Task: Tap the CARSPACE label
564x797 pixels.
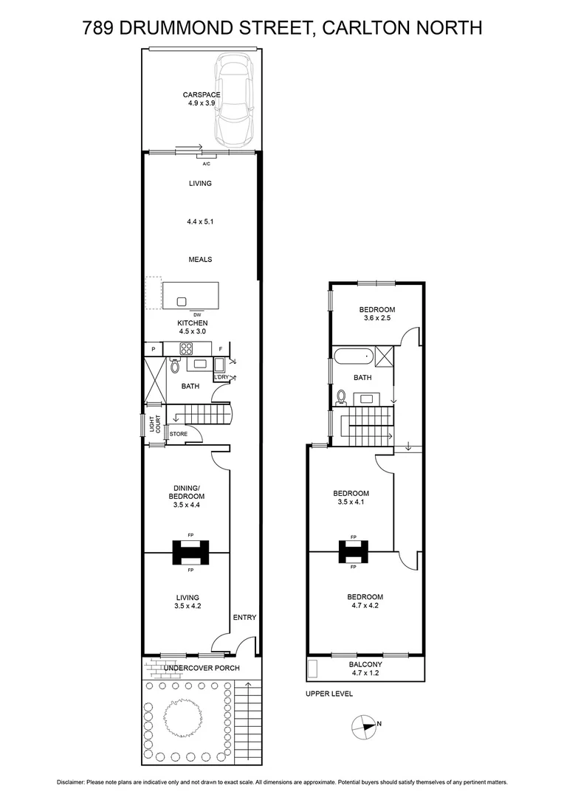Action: pos(202,94)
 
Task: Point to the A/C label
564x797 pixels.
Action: pos(206,164)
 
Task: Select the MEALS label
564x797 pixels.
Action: pos(200,259)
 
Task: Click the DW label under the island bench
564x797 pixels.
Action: pos(197,314)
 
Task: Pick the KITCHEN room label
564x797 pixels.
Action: pos(193,322)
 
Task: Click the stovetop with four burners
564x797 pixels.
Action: pos(187,349)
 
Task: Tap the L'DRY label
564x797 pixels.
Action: pos(221,377)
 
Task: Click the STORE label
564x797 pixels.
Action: pos(178,434)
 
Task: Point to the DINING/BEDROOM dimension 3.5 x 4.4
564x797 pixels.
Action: pos(187,505)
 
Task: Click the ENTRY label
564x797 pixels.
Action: pos(244,617)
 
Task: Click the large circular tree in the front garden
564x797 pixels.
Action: pos(182,717)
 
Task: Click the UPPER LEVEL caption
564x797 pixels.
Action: pos(329,694)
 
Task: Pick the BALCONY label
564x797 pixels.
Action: pos(365,663)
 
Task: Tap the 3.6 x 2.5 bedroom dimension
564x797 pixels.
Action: pos(376,318)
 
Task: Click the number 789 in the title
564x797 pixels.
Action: pos(99,28)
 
